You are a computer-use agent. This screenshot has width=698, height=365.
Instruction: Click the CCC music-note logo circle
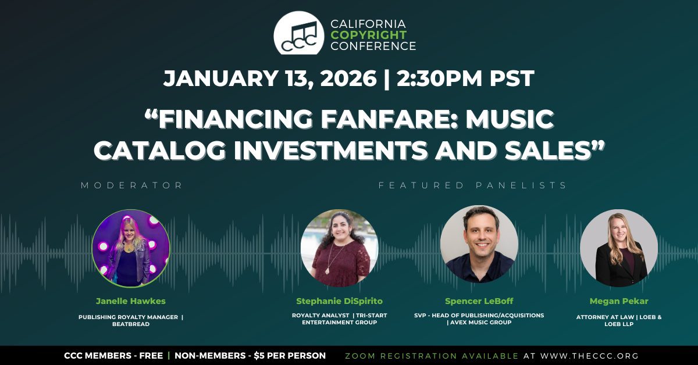tap(299, 33)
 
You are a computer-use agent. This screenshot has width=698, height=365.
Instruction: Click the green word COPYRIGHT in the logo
tap(369, 35)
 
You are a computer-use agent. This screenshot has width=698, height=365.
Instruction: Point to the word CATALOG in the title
tap(160, 151)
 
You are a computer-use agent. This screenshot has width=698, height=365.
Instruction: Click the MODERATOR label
tap(132, 185)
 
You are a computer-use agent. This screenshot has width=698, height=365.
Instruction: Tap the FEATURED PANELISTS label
tap(472, 185)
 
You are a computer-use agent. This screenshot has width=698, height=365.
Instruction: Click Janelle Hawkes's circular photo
tap(131, 248)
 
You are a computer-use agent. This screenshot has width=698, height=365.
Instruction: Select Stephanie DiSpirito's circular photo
tap(339, 248)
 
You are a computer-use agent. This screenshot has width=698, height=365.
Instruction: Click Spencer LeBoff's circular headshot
tap(479, 244)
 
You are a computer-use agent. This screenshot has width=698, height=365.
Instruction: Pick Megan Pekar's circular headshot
tap(619, 248)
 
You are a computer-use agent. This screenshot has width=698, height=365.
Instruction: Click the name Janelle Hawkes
tap(131, 301)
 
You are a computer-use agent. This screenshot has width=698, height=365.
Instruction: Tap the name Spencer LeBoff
tap(479, 301)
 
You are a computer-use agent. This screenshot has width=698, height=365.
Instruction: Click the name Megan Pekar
tap(619, 301)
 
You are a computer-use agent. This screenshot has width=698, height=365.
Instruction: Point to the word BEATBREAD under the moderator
tap(131, 324)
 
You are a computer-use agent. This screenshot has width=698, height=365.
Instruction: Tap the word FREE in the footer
tap(151, 356)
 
